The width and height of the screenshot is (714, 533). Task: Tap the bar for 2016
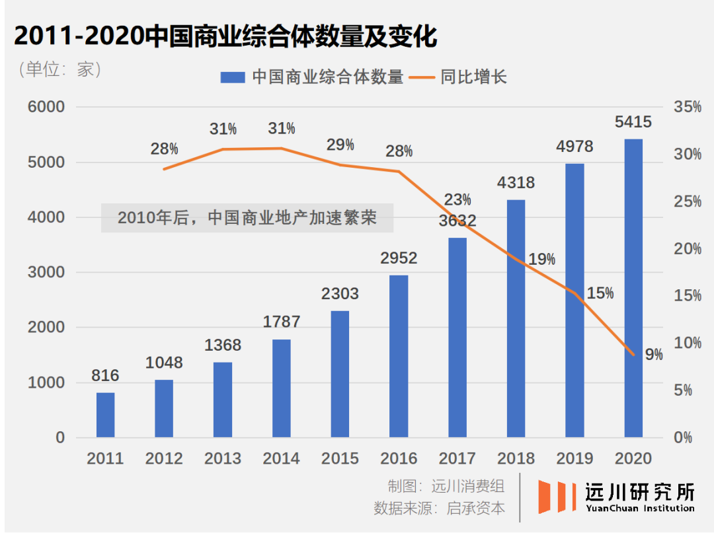point(399,356)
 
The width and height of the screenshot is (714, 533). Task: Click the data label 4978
point(575,147)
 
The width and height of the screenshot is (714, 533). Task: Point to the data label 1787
point(281,322)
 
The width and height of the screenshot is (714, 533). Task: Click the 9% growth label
point(654,355)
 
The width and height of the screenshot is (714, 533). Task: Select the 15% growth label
point(600,293)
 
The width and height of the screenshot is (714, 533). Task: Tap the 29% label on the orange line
point(340,145)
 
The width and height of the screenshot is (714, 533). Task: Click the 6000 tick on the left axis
point(46,108)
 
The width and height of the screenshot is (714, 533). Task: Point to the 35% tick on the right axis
point(687,108)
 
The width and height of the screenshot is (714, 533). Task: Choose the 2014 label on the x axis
point(281,458)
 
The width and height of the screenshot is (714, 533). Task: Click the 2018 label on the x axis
point(516,458)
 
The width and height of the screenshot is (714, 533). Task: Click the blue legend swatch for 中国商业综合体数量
point(233,77)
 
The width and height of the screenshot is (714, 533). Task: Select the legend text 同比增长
point(473,77)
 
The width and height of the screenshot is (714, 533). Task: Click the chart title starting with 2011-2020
point(225,37)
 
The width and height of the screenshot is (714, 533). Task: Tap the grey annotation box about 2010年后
point(247,218)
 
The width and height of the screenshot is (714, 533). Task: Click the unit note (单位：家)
point(59,69)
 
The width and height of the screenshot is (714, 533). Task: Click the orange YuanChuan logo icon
point(552,497)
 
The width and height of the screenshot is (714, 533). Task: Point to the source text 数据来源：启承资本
point(439,509)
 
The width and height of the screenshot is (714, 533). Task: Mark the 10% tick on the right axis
point(687,343)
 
